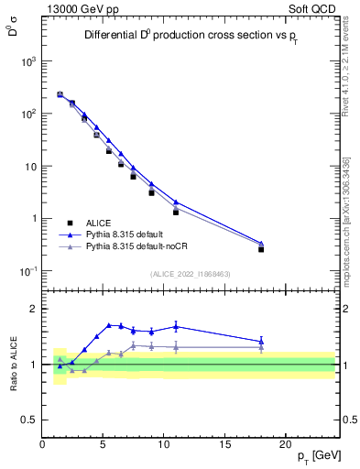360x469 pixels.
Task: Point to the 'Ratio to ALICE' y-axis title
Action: [15, 364]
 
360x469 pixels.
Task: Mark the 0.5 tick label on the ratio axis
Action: [27, 420]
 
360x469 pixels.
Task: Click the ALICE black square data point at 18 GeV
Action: [261, 249]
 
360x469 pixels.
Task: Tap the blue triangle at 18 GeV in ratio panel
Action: [261, 342]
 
